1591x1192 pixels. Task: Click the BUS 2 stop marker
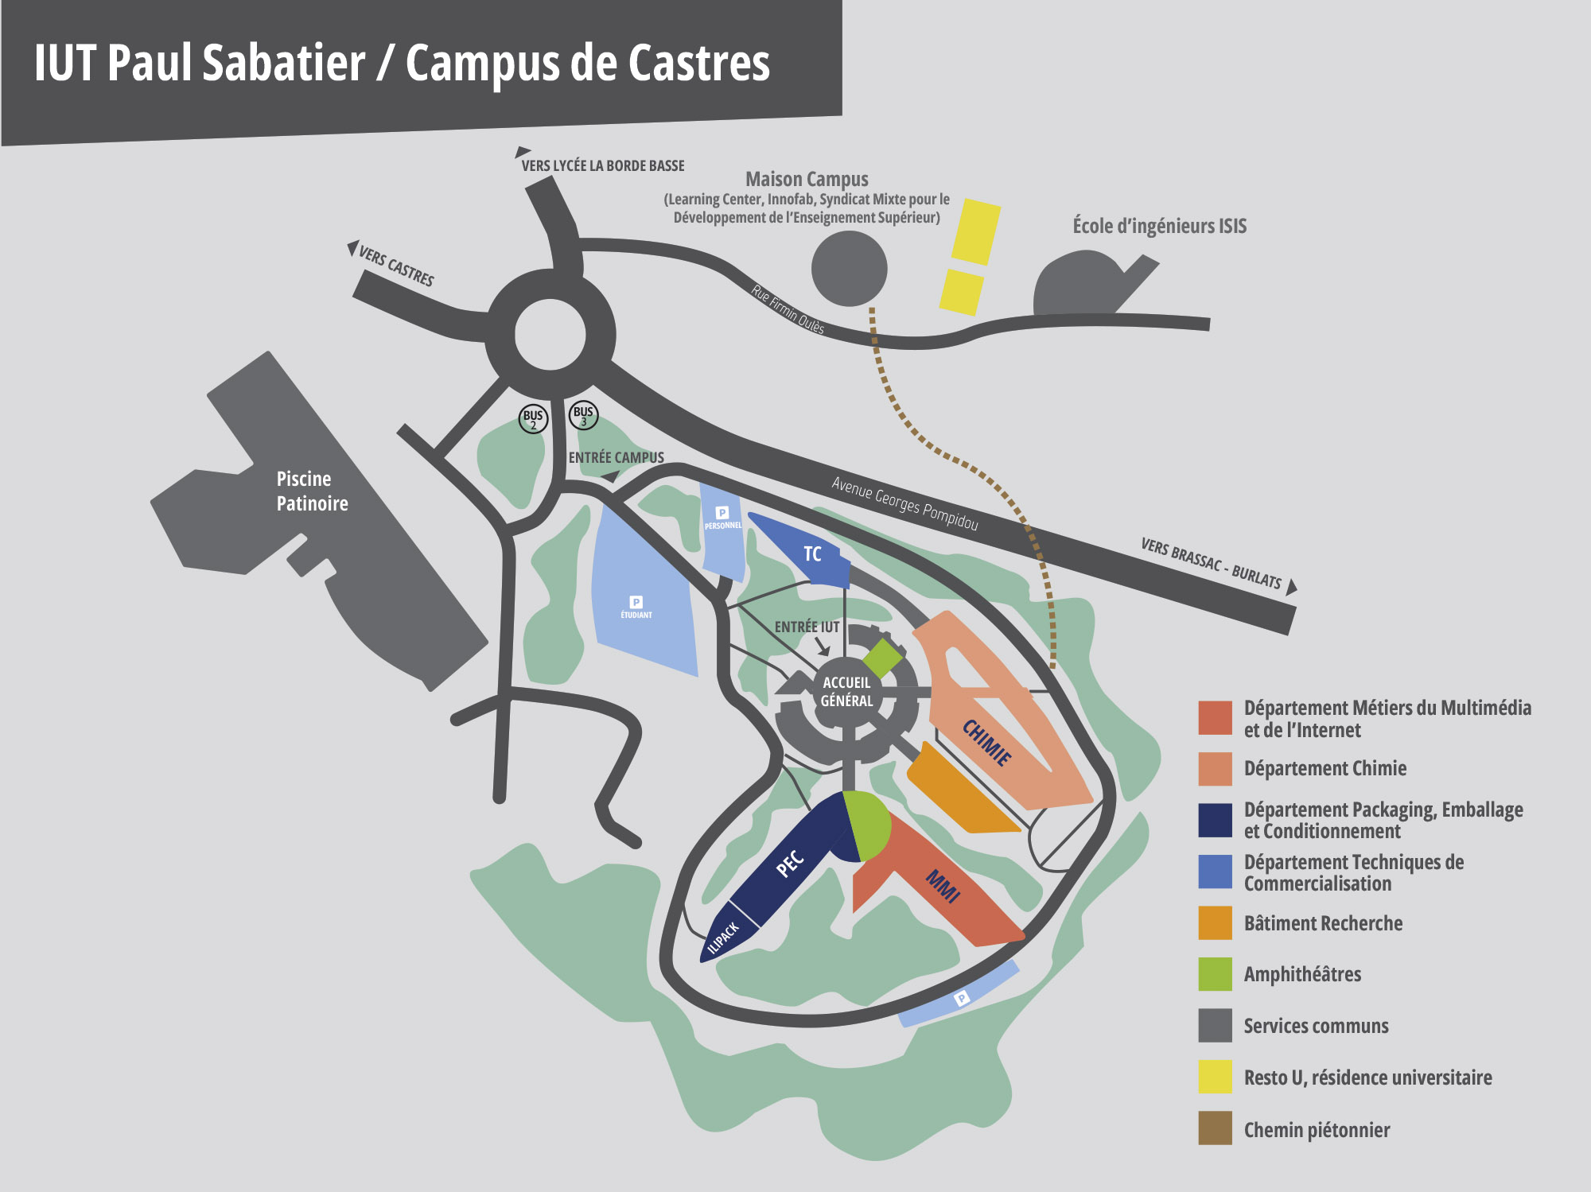(533, 418)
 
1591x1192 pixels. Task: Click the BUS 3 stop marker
(583, 415)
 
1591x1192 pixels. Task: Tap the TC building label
(812, 554)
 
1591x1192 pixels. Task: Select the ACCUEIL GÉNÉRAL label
(846, 692)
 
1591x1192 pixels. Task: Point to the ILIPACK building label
(723, 938)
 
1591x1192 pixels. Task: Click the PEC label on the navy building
(790, 863)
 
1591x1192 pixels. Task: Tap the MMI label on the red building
(943, 886)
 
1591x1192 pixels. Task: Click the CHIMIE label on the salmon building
(987, 743)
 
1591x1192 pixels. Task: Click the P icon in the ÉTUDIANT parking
(636, 602)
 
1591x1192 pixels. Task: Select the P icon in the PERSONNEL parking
(722, 513)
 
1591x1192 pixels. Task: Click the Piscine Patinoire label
(312, 491)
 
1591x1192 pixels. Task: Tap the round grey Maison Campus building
(849, 269)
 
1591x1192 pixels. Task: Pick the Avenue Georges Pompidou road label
(904, 503)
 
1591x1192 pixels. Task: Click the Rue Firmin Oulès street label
(788, 309)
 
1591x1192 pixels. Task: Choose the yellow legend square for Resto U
(1215, 1077)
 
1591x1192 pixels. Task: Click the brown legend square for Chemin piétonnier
(1215, 1128)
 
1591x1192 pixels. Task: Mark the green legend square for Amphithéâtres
(1215, 974)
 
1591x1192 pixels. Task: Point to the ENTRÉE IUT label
(807, 627)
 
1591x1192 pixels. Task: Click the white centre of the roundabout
(550, 335)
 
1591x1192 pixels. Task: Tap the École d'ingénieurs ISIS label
(1159, 226)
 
